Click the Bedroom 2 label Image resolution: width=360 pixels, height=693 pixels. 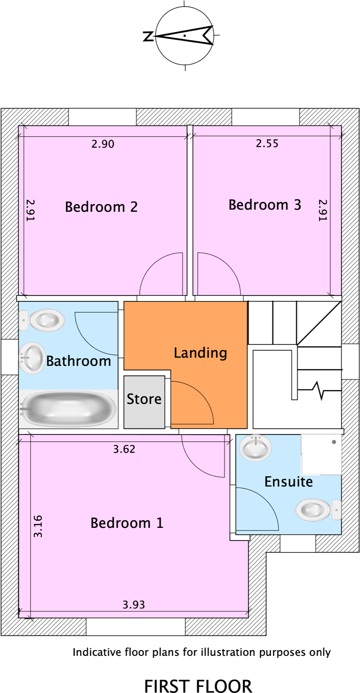coord(101,207)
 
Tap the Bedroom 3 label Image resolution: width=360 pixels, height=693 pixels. coord(265,205)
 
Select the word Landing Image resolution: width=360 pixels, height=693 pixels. coord(200,353)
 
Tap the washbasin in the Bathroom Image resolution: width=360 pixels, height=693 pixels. coord(32,358)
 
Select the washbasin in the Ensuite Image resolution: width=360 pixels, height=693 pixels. coord(256,447)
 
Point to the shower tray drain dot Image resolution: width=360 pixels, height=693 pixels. coord(334,442)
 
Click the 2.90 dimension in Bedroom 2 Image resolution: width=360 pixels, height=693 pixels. coord(103,144)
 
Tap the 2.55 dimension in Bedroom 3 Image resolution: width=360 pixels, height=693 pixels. coord(267,144)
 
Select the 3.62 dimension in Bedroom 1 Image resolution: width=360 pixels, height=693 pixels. coord(124,449)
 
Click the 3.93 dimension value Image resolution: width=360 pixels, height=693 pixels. coord(133,605)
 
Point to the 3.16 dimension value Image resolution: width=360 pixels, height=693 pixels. coord(38,526)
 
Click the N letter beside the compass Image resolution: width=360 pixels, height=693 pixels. coord(148,36)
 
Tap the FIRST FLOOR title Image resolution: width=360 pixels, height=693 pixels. coord(198,686)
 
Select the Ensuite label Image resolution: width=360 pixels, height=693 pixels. coord(288,482)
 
